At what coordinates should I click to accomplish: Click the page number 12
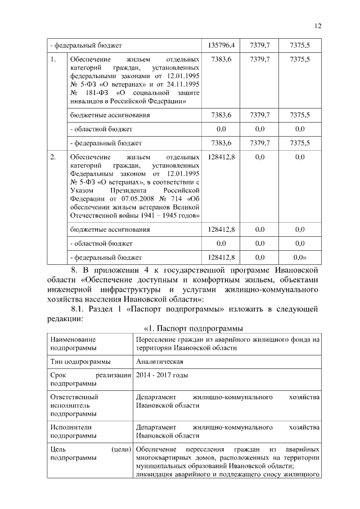(x=318, y=26)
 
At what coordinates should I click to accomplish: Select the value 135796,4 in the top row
(x=221, y=44)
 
